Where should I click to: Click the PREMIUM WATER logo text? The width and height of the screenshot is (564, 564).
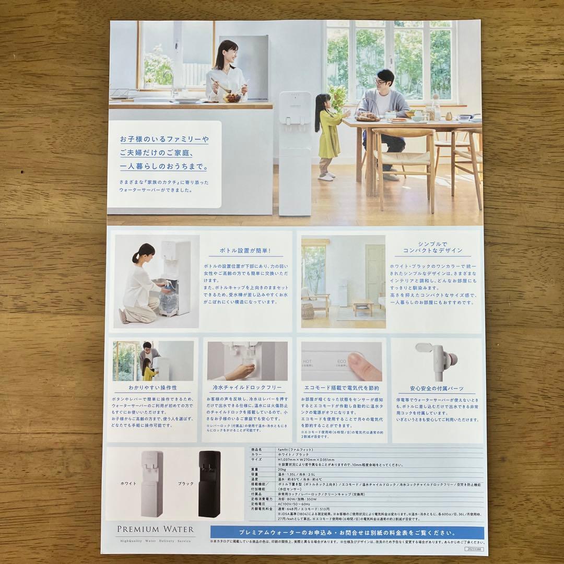(x=155, y=529)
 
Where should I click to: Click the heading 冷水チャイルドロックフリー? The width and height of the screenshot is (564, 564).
(x=247, y=388)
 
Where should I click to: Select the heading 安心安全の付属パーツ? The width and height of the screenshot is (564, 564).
(x=437, y=389)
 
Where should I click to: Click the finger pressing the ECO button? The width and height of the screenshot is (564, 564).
(x=363, y=365)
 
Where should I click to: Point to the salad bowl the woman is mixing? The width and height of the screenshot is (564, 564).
(x=232, y=97)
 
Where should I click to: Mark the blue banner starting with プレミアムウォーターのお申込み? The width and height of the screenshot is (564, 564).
(x=347, y=533)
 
